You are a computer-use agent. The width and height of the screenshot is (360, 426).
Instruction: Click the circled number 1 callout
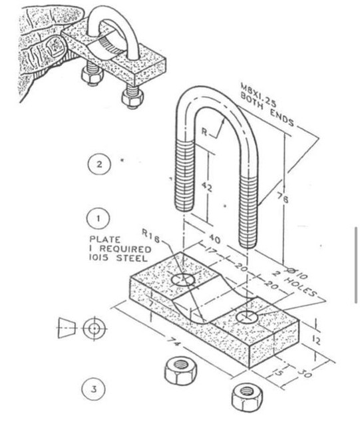[x=98, y=218]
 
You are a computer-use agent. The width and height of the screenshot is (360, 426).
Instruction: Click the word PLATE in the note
[x=103, y=239]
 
